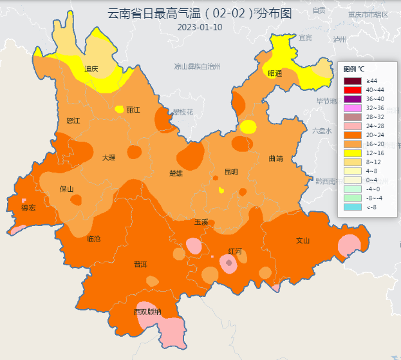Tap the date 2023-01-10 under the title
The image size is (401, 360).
[200, 27]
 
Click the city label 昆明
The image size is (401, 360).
[231, 172]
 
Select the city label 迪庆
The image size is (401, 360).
[91, 68]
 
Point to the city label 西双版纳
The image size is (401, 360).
[147, 312]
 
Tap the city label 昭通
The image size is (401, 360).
[275, 73]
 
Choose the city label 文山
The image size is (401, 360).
[303, 241]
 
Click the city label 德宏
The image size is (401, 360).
[29, 207]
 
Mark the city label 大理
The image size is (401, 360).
[109, 158]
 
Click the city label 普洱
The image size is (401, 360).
[140, 264]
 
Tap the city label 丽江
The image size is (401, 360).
[133, 109]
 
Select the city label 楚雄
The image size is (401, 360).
[176, 173]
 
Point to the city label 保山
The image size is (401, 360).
[66, 189]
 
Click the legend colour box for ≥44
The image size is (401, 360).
[352, 81]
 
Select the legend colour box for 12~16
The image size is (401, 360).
[352, 153]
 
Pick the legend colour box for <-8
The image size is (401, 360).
[352, 207]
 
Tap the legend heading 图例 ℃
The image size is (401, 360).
[354, 68]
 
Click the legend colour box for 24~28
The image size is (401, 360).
[352, 126]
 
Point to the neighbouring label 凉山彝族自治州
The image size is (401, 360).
[197, 66]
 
